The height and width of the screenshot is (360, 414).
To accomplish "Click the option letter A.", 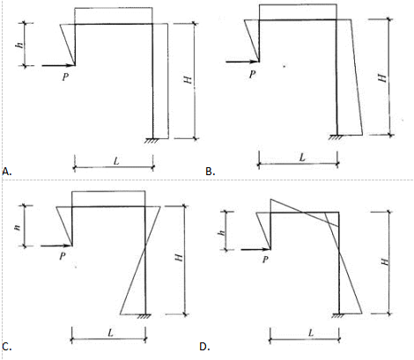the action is pos(6,172).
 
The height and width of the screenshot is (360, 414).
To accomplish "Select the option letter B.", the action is pos(210,172).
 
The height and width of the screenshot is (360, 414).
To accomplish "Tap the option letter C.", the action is pos(6,347).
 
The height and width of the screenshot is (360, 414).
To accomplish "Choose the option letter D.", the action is pos(204,347).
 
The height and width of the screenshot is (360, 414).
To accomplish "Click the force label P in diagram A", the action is pos(65,77).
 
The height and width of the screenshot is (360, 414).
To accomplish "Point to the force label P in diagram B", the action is pos(252,75).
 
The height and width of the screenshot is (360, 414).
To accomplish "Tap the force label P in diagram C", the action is pos(63,256).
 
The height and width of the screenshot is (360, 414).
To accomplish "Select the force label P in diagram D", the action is pos(265,259).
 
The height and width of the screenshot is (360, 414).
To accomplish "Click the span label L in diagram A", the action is pos(116,161).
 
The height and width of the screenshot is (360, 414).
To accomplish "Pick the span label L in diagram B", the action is pos(302,158).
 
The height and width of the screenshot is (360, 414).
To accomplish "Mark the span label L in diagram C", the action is pos(110,333).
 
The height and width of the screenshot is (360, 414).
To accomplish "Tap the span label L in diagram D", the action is pos(311,333).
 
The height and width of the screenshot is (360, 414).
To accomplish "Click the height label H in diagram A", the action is pos(188,79).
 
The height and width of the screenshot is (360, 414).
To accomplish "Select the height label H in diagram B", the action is pos(382,77).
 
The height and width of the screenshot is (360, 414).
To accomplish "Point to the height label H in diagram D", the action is pos(385,261).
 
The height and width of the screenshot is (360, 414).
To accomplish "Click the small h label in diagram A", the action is pos(19,45).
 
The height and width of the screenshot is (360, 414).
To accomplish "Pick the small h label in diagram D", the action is pos(222,232).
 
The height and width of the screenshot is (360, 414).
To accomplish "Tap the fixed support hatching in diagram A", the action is pos(152,141).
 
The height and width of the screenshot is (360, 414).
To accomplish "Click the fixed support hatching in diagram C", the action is pos(144,316).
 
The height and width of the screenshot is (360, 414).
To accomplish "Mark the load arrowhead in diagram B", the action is pos(254,62).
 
